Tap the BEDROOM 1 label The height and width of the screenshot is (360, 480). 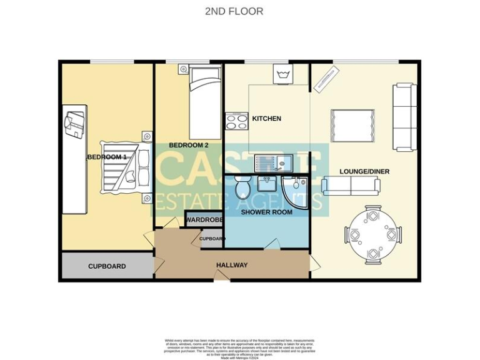107,157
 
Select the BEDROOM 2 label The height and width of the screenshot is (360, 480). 188,145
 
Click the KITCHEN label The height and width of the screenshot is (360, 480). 266,118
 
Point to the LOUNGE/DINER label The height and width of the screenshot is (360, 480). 357,171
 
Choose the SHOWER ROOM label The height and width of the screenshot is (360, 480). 267,212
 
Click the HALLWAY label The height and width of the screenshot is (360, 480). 232,265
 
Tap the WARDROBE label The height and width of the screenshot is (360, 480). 204,220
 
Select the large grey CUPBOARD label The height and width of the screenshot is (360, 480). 107,266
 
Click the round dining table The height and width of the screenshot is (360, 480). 372,235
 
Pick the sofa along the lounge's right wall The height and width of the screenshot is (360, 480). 404,117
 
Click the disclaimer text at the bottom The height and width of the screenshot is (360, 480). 241,345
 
